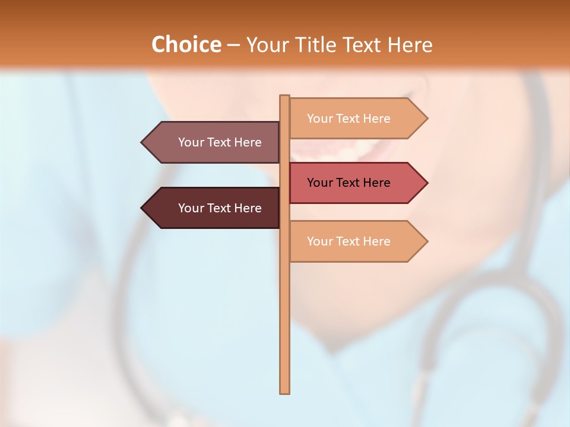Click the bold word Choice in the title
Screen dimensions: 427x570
coord(186,44)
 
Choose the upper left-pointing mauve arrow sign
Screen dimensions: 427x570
coord(214,142)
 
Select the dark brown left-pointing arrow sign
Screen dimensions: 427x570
coord(214,208)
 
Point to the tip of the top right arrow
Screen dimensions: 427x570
coord(426,119)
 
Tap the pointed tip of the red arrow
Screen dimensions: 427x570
coord(426,183)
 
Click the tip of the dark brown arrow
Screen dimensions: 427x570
coord(142,208)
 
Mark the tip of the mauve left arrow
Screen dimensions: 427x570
coord(142,142)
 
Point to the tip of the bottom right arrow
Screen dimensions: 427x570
coord(426,241)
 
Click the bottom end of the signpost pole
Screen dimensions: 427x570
coord(284,391)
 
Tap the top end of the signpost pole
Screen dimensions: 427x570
coord(284,97)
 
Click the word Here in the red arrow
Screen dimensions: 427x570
coord(376,183)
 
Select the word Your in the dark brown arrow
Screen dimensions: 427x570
coord(191,208)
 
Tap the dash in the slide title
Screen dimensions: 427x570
coord(233,45)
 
